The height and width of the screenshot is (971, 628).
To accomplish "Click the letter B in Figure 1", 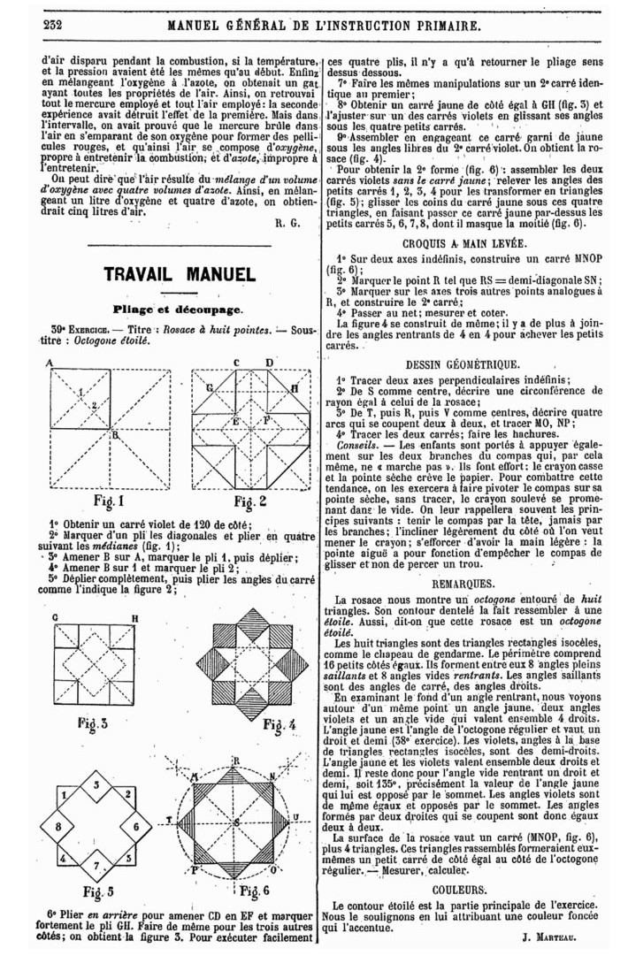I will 114,433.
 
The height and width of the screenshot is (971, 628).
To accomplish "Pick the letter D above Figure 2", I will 269,363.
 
